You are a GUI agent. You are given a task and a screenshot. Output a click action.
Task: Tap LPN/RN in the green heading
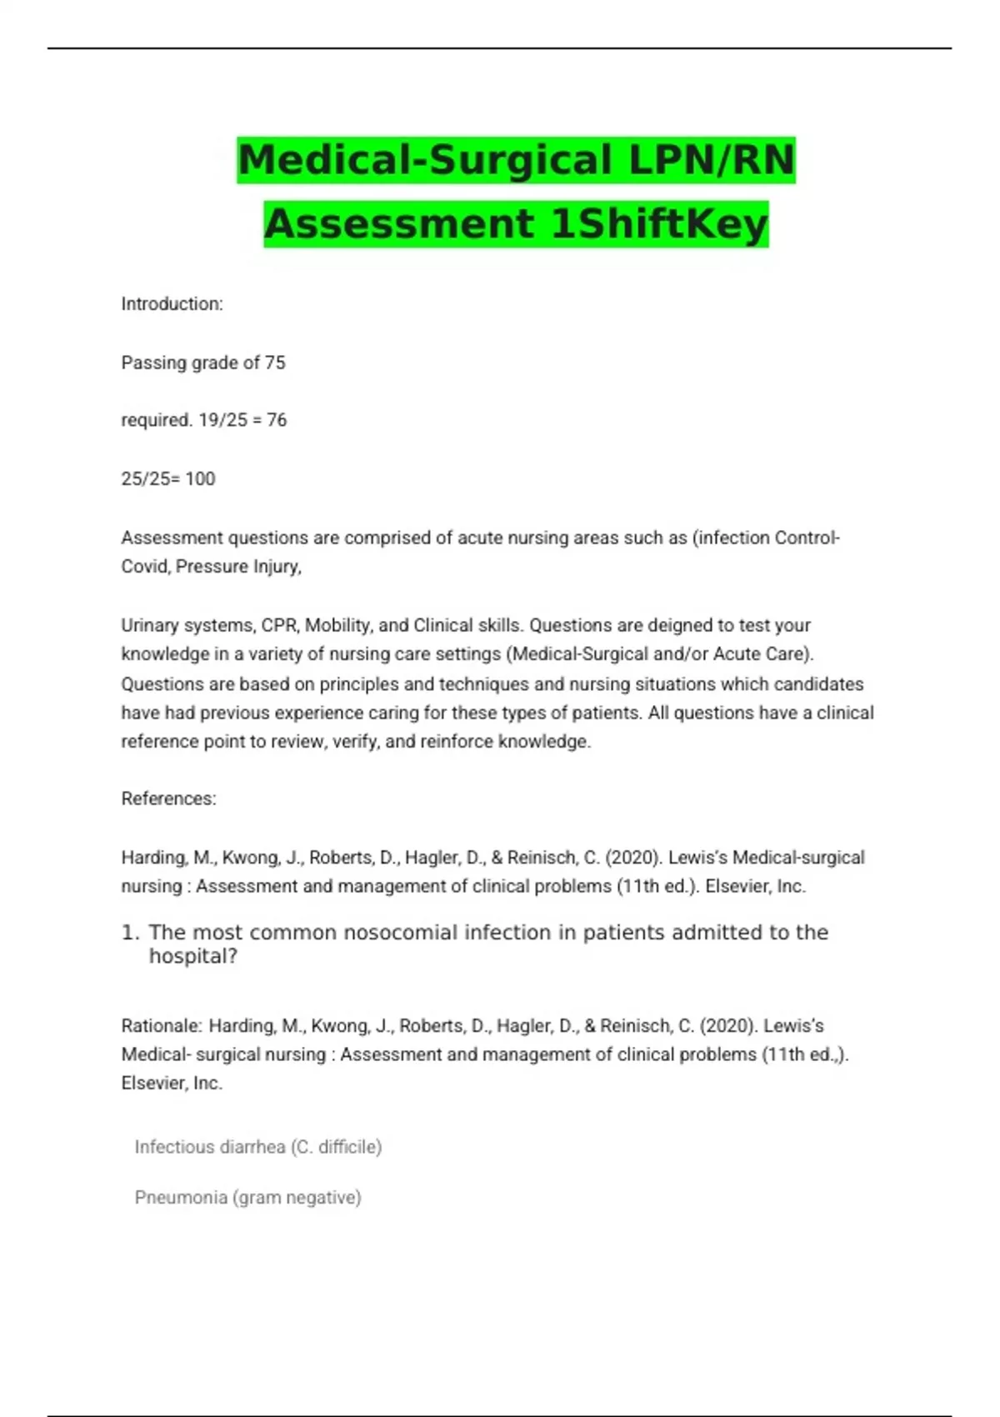click(x=712, y=159)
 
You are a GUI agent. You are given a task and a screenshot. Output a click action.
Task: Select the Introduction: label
click(x=172, y=304)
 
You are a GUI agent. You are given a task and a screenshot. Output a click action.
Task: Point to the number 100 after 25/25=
click(x=200, y=478)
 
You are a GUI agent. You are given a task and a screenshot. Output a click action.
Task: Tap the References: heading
click(x=168, y=799)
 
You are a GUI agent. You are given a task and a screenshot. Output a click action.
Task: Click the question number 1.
click(x=129, y=933)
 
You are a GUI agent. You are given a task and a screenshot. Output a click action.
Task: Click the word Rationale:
click(x=162, y=1026)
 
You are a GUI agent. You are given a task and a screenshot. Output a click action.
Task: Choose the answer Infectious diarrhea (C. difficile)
click(x=257, y=1147)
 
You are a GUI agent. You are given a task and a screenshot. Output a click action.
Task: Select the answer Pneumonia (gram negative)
click(x=247, y=1198)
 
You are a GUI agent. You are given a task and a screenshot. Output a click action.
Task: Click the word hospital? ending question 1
click(x=193, y=956)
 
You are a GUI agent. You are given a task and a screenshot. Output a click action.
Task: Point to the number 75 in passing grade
click(x=275, y=363)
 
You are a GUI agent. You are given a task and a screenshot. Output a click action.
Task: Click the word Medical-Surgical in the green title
click(x=426, y=159)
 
